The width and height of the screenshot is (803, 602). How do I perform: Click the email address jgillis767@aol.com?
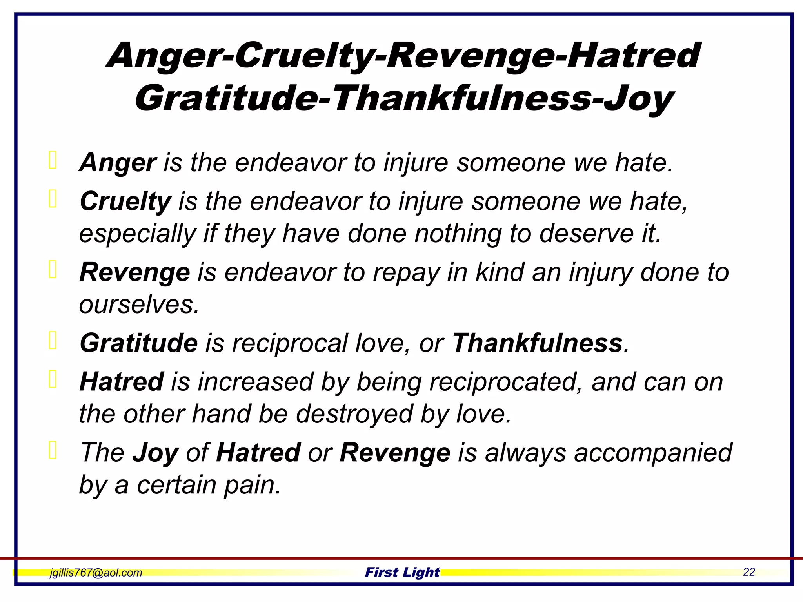click(x=95, y=573)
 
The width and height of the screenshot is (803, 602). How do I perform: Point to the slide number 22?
click(x=749, y=572)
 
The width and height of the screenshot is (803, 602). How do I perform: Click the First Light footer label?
click(x=402, y=572)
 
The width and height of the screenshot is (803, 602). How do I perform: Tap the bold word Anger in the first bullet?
click(x=118, y=162)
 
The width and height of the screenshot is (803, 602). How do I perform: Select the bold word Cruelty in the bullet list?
click(x=125, y=201)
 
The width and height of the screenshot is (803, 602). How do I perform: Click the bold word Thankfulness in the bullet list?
click(x=537, y=343)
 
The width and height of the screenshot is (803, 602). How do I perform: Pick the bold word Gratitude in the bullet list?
click(x=138, y=343)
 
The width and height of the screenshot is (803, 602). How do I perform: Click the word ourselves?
click(x=139, y=304)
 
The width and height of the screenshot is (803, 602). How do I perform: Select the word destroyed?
click(x=354, y=414)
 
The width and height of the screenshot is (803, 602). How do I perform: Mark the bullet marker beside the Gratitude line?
click(x=53, y=340)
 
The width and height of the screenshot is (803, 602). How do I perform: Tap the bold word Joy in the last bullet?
click(x=155, y=453)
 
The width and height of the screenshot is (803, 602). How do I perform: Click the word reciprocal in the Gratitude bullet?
click(x=290, y=343)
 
